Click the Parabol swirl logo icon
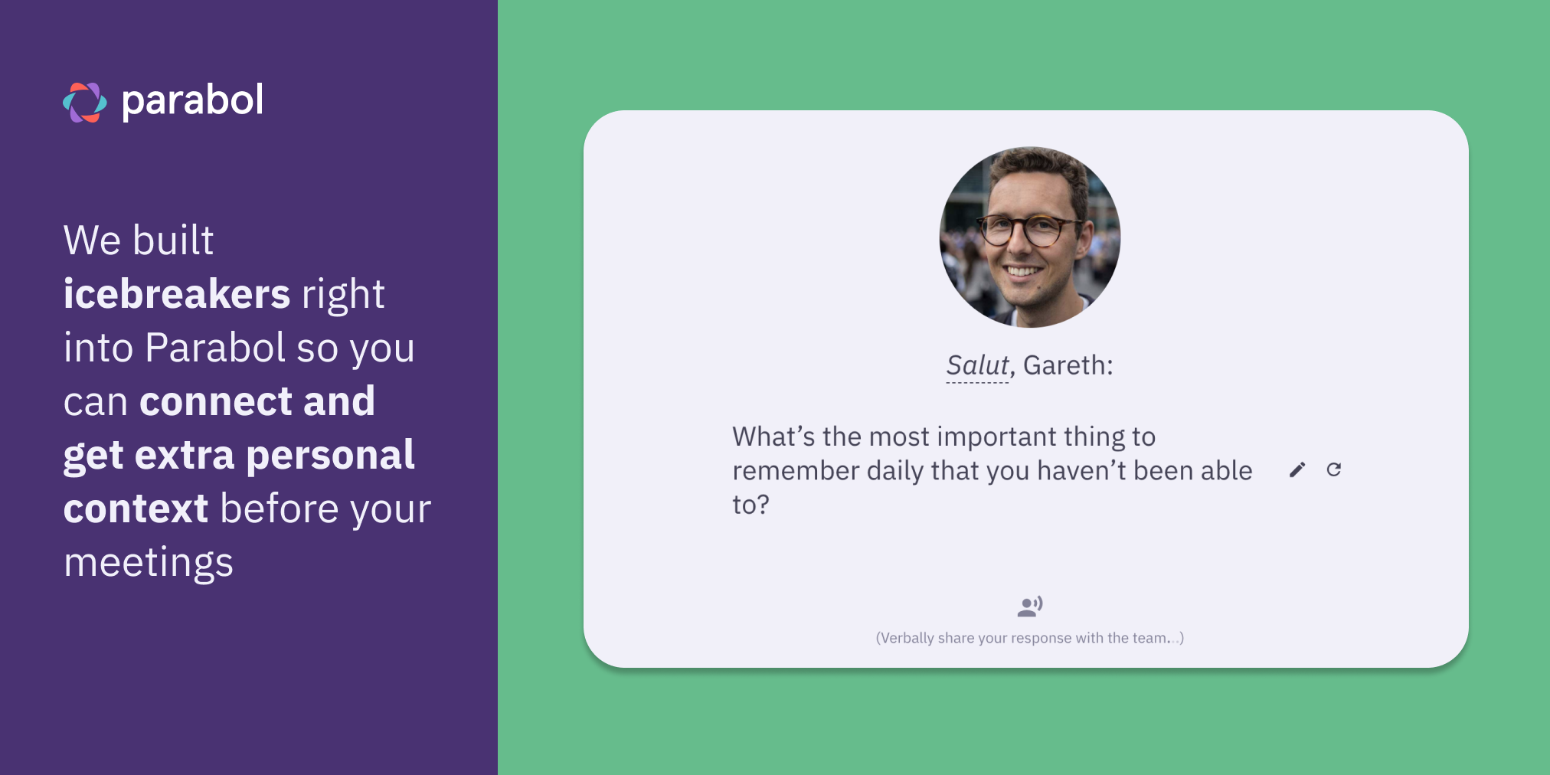pyautogui.click(x=85, y=102)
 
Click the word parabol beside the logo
pyautogui.click(x=192, y=101)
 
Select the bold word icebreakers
pyautogui.click(x=177, y=294)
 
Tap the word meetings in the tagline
pyautogui.click(x=149, y=563)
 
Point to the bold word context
pyautogui.click(x=136, y=508)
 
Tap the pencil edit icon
pyautogui.click(x=1297, y=469)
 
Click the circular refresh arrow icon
pyautogui.click(x=1334, y=469)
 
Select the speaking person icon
pyautogui.click(x=1030, y=607)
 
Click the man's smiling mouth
pyautogui.click(x=1023, y=270)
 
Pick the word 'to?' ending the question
pyautogui.click(x=750, y=505)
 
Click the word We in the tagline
pyautogui.click(x=92, y=240)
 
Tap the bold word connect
pyautogui.click(x=216, y=401)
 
